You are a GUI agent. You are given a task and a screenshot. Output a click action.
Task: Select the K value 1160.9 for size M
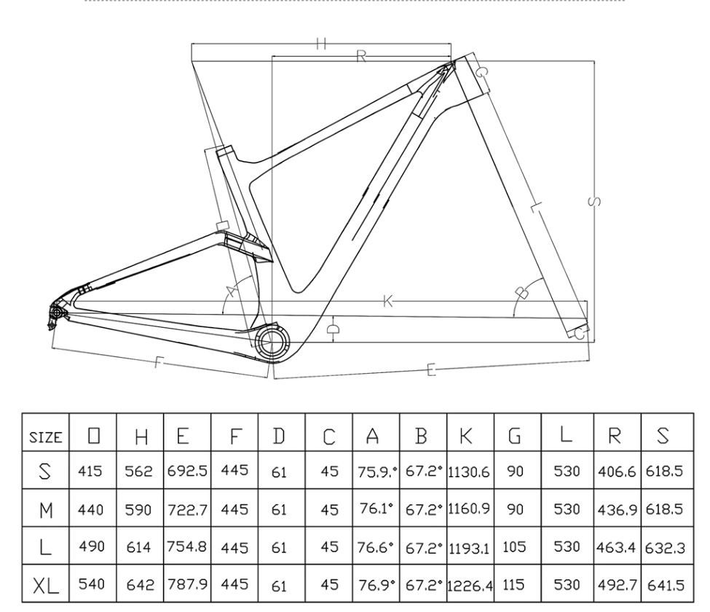tap(470, 509)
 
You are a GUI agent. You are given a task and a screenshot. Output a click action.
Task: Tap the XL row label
tap(45, 584)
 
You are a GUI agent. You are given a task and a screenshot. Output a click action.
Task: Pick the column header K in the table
tap(470, 436)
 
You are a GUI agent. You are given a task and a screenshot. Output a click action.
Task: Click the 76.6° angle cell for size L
tap(376, 546)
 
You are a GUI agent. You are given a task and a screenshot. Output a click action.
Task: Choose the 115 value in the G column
tap(516, 584)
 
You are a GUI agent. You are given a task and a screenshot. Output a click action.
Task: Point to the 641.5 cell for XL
tap(663, 584)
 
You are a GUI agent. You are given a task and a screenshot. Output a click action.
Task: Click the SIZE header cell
tap(45, 436)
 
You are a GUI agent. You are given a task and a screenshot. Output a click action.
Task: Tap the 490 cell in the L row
tap(92, 546)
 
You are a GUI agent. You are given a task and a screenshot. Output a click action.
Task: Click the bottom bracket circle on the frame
tap(271, 341)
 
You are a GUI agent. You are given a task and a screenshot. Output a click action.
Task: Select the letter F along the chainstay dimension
tap(158, 363)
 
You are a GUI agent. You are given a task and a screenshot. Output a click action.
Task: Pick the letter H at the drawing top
tap(321, 44)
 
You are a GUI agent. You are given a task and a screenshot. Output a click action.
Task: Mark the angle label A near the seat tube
tap(232, 291)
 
